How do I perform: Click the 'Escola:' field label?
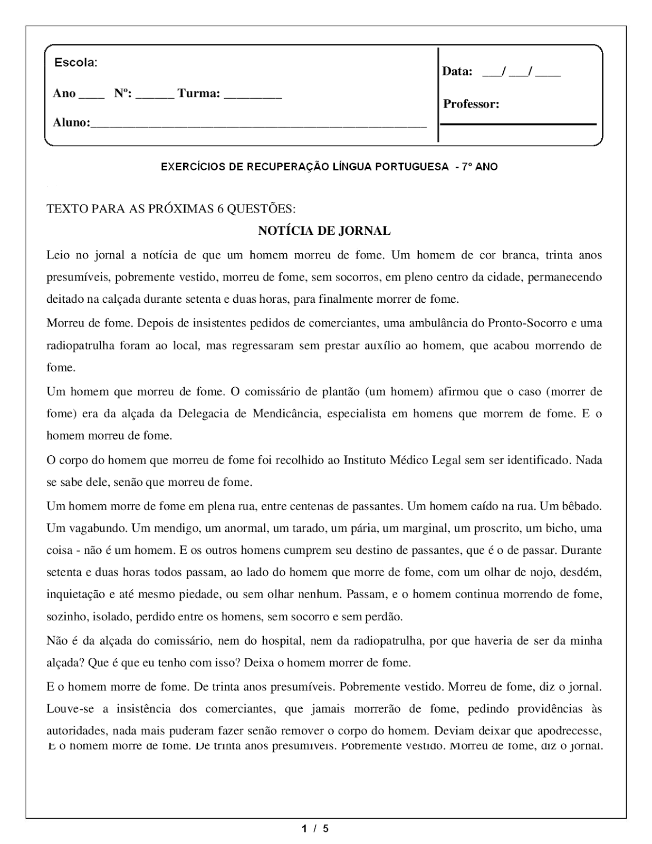point(75,63)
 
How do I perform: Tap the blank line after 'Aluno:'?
point(258,124)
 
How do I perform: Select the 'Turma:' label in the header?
point(198,94)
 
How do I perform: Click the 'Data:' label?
point(457,71)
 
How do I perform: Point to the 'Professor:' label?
point(471,104)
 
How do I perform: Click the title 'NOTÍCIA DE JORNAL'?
point(324,231)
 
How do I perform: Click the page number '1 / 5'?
point(315,829)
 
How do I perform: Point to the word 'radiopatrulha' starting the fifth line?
point(78,346)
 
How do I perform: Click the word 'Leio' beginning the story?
point(57,256)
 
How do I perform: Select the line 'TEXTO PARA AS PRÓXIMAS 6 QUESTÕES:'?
point(171,209)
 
